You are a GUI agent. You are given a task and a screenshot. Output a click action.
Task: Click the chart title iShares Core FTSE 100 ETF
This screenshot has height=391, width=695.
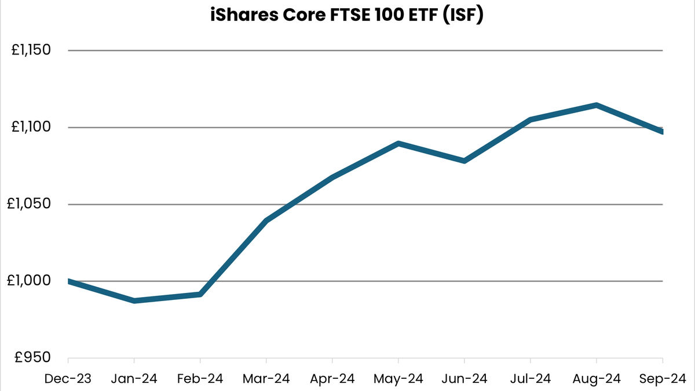346,16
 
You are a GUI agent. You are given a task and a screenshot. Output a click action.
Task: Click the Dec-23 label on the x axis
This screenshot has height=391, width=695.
68,379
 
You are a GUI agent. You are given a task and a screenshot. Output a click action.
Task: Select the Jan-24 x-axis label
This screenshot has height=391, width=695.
134,379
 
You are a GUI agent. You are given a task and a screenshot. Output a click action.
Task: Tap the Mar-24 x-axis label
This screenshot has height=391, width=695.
266,379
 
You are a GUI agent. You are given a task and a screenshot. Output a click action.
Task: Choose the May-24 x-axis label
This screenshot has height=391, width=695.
398,379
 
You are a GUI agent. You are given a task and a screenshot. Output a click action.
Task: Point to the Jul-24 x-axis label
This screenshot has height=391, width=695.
531,379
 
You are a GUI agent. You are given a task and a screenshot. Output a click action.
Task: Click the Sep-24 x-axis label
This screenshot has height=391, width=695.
662,379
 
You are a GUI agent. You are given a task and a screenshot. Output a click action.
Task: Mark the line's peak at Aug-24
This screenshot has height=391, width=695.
597,105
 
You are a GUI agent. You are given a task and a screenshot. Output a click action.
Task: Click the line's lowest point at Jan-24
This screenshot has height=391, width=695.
134,301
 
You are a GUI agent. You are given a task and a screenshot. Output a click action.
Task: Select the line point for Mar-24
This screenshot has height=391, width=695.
266,220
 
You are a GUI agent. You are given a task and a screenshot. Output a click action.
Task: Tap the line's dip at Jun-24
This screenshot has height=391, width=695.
464,161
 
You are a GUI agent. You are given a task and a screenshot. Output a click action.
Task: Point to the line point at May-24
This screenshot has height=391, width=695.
398,143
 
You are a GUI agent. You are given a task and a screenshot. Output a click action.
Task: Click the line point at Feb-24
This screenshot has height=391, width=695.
200,294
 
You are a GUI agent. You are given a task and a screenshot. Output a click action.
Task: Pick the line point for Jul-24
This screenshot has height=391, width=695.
531,120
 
